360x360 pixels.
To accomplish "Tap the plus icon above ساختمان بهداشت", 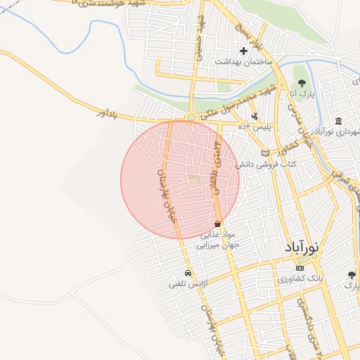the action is click(244, 51).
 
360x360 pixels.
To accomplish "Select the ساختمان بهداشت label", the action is click(242, 62).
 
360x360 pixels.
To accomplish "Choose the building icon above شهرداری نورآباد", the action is click(339, 121).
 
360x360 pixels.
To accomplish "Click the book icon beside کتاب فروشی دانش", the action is click(265, 153).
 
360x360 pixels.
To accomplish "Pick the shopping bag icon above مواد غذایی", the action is click(218, 224).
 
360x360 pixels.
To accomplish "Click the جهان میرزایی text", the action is click(221, 245).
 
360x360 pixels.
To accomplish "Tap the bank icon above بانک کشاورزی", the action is click(300, 268).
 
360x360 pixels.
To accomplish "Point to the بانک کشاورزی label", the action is click(300, 278).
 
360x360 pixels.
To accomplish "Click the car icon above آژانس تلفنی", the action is click(188, 273).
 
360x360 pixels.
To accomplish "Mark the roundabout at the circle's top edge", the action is click(191, 117).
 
